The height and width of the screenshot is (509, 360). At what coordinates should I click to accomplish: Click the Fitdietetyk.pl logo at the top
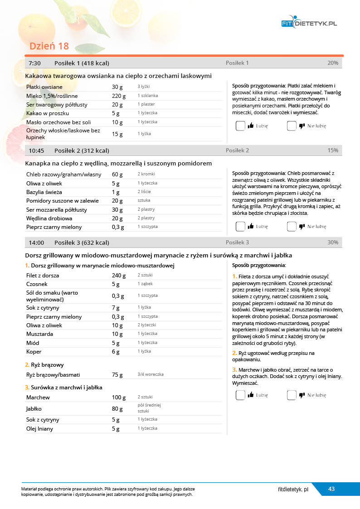[x=309, y=23]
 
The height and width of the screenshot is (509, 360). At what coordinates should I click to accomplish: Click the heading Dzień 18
[x=49, y=46]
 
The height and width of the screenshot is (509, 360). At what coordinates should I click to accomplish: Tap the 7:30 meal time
[x=35, y=63]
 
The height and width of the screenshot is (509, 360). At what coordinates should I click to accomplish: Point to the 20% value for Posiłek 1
[x=332, y=63]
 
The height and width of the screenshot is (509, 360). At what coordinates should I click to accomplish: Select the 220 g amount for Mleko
[x=118, y=96]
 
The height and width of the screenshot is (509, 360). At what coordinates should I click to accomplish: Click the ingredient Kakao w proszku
[x=48, y=113]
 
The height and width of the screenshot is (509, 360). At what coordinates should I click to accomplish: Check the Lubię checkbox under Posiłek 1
[x=240, y=126]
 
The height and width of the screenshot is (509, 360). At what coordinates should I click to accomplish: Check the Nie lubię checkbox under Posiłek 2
[x=292, y=226]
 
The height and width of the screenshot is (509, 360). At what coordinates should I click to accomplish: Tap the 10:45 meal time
[x=36, y=150]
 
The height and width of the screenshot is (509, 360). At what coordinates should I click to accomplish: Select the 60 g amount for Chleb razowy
[x=117, y=175]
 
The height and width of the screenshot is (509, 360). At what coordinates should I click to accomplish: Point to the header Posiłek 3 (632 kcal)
[x=82, y=242]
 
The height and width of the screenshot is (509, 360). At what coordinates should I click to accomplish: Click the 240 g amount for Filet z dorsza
[x=119, y=276]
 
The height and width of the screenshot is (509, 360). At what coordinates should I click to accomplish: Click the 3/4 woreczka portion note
[x=151, y=375]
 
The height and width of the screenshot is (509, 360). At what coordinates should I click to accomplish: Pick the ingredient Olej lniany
[x=40, y=429]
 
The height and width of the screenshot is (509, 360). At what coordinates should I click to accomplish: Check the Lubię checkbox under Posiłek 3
[x=240, y=395]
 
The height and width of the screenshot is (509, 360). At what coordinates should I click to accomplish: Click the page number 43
[x=331, y=489]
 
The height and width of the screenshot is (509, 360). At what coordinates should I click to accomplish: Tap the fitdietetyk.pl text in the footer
[x=293, y=490]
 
